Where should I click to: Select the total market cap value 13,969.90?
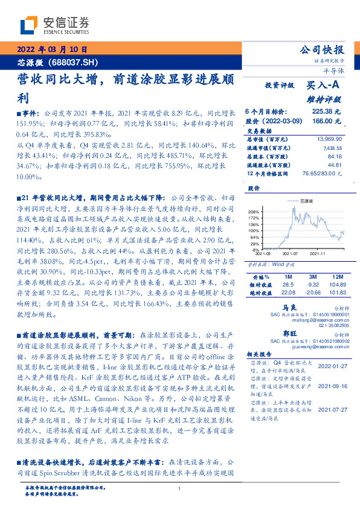click(x=328, y=139)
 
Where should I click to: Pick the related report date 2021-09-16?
click(x=331, y=385)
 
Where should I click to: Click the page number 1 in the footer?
click(x=180, y=488)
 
